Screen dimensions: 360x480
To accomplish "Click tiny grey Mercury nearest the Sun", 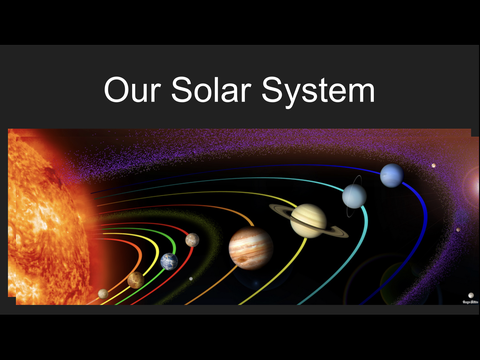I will coord(102,293).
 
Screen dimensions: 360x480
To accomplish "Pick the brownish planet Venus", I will coord(134,281).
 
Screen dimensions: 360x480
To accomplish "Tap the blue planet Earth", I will coord(169,262).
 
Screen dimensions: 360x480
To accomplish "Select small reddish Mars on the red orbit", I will coord(191,240).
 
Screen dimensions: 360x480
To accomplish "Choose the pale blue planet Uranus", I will coord(354,196).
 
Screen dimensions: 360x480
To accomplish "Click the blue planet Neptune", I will coord(391,176).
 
